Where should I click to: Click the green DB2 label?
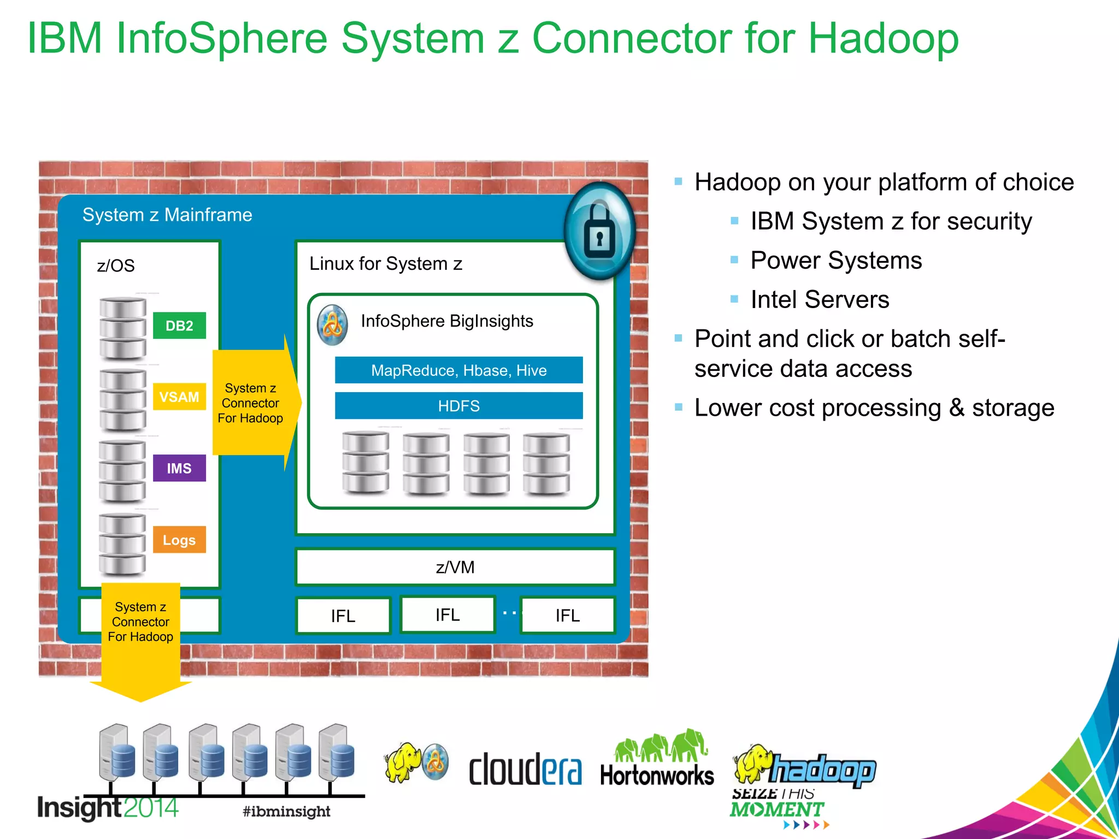[x=179, y=326]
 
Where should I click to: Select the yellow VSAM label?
[x=179, y=397]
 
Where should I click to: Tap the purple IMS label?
[x=179, y=468]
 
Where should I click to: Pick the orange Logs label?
[x=179, y=540]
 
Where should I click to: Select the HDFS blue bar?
[x=458, y=406]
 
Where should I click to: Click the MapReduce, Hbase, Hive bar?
[x=458, y=370]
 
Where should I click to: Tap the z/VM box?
[x=455, y=567]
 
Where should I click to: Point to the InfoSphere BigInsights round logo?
[x=332, y=325]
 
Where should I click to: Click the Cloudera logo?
[x=525, y=769]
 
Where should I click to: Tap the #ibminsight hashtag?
[x=286, y=811]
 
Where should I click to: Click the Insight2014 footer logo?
[x=108, y=807]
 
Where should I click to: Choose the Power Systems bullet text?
[x=836, y=260]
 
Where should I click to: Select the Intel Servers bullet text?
[x=820, y=299]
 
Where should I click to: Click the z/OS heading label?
[x=116, y=266]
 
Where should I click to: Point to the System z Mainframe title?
[x=167, y=215]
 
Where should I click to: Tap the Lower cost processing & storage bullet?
[x=874, y=407]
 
